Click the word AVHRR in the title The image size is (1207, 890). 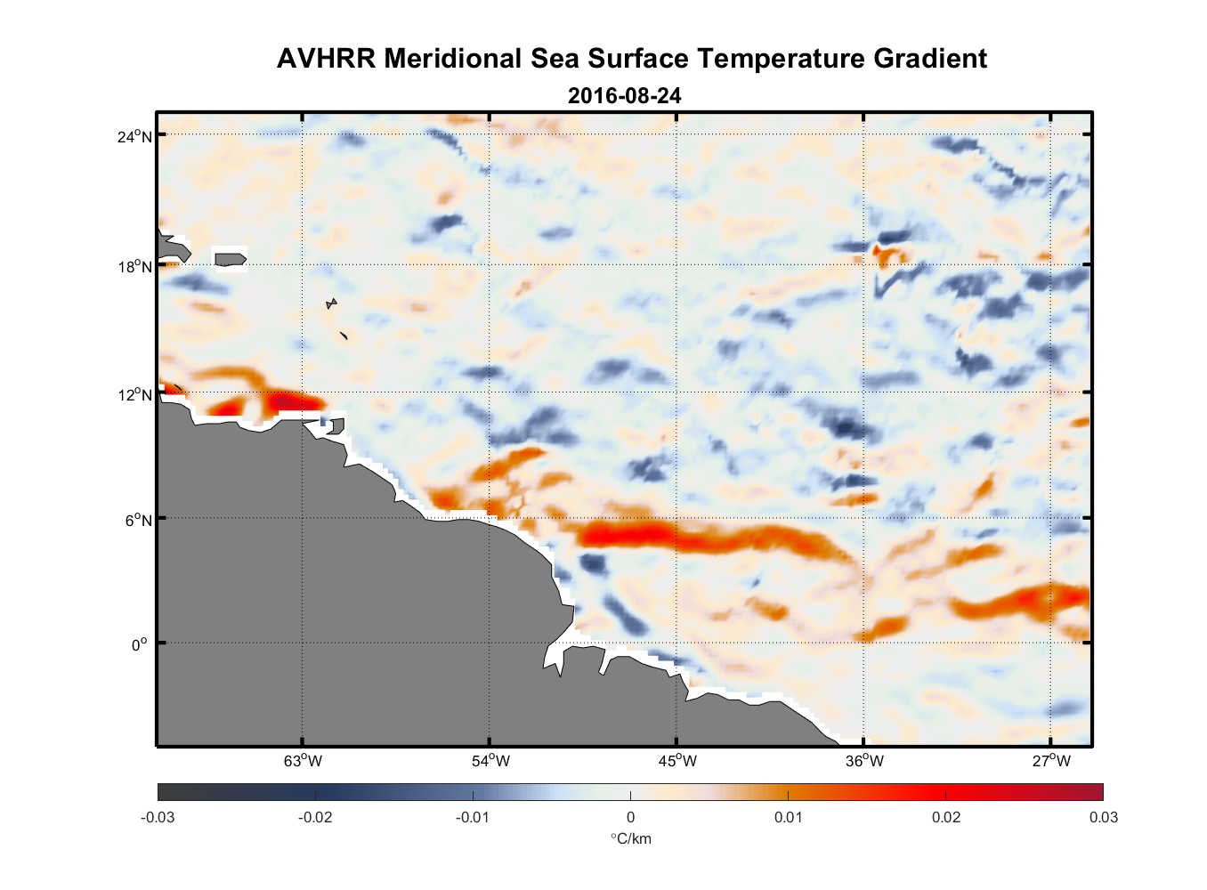326,59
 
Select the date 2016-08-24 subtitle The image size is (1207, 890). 624,96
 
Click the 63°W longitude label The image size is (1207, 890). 303,761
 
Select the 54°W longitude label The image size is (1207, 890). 490,761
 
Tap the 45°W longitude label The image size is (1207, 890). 677,761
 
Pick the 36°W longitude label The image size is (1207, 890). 864,761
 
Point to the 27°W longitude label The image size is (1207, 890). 1051,761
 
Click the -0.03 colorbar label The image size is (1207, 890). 158,818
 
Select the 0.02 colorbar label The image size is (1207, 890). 945,818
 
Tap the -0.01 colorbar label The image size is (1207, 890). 472,818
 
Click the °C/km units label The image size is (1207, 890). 630,838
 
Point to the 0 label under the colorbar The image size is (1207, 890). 630,818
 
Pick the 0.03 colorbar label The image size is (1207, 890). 1103,818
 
